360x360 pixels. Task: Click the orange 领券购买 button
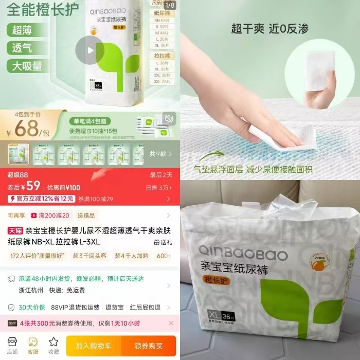pos(149,346)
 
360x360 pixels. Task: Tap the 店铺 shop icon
pos(12,345)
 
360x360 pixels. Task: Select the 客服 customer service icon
pos(33,345)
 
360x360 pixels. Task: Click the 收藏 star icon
pos(53,345)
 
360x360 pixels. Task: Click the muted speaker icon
pos(169,119)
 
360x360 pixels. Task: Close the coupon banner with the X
pos(171,323)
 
